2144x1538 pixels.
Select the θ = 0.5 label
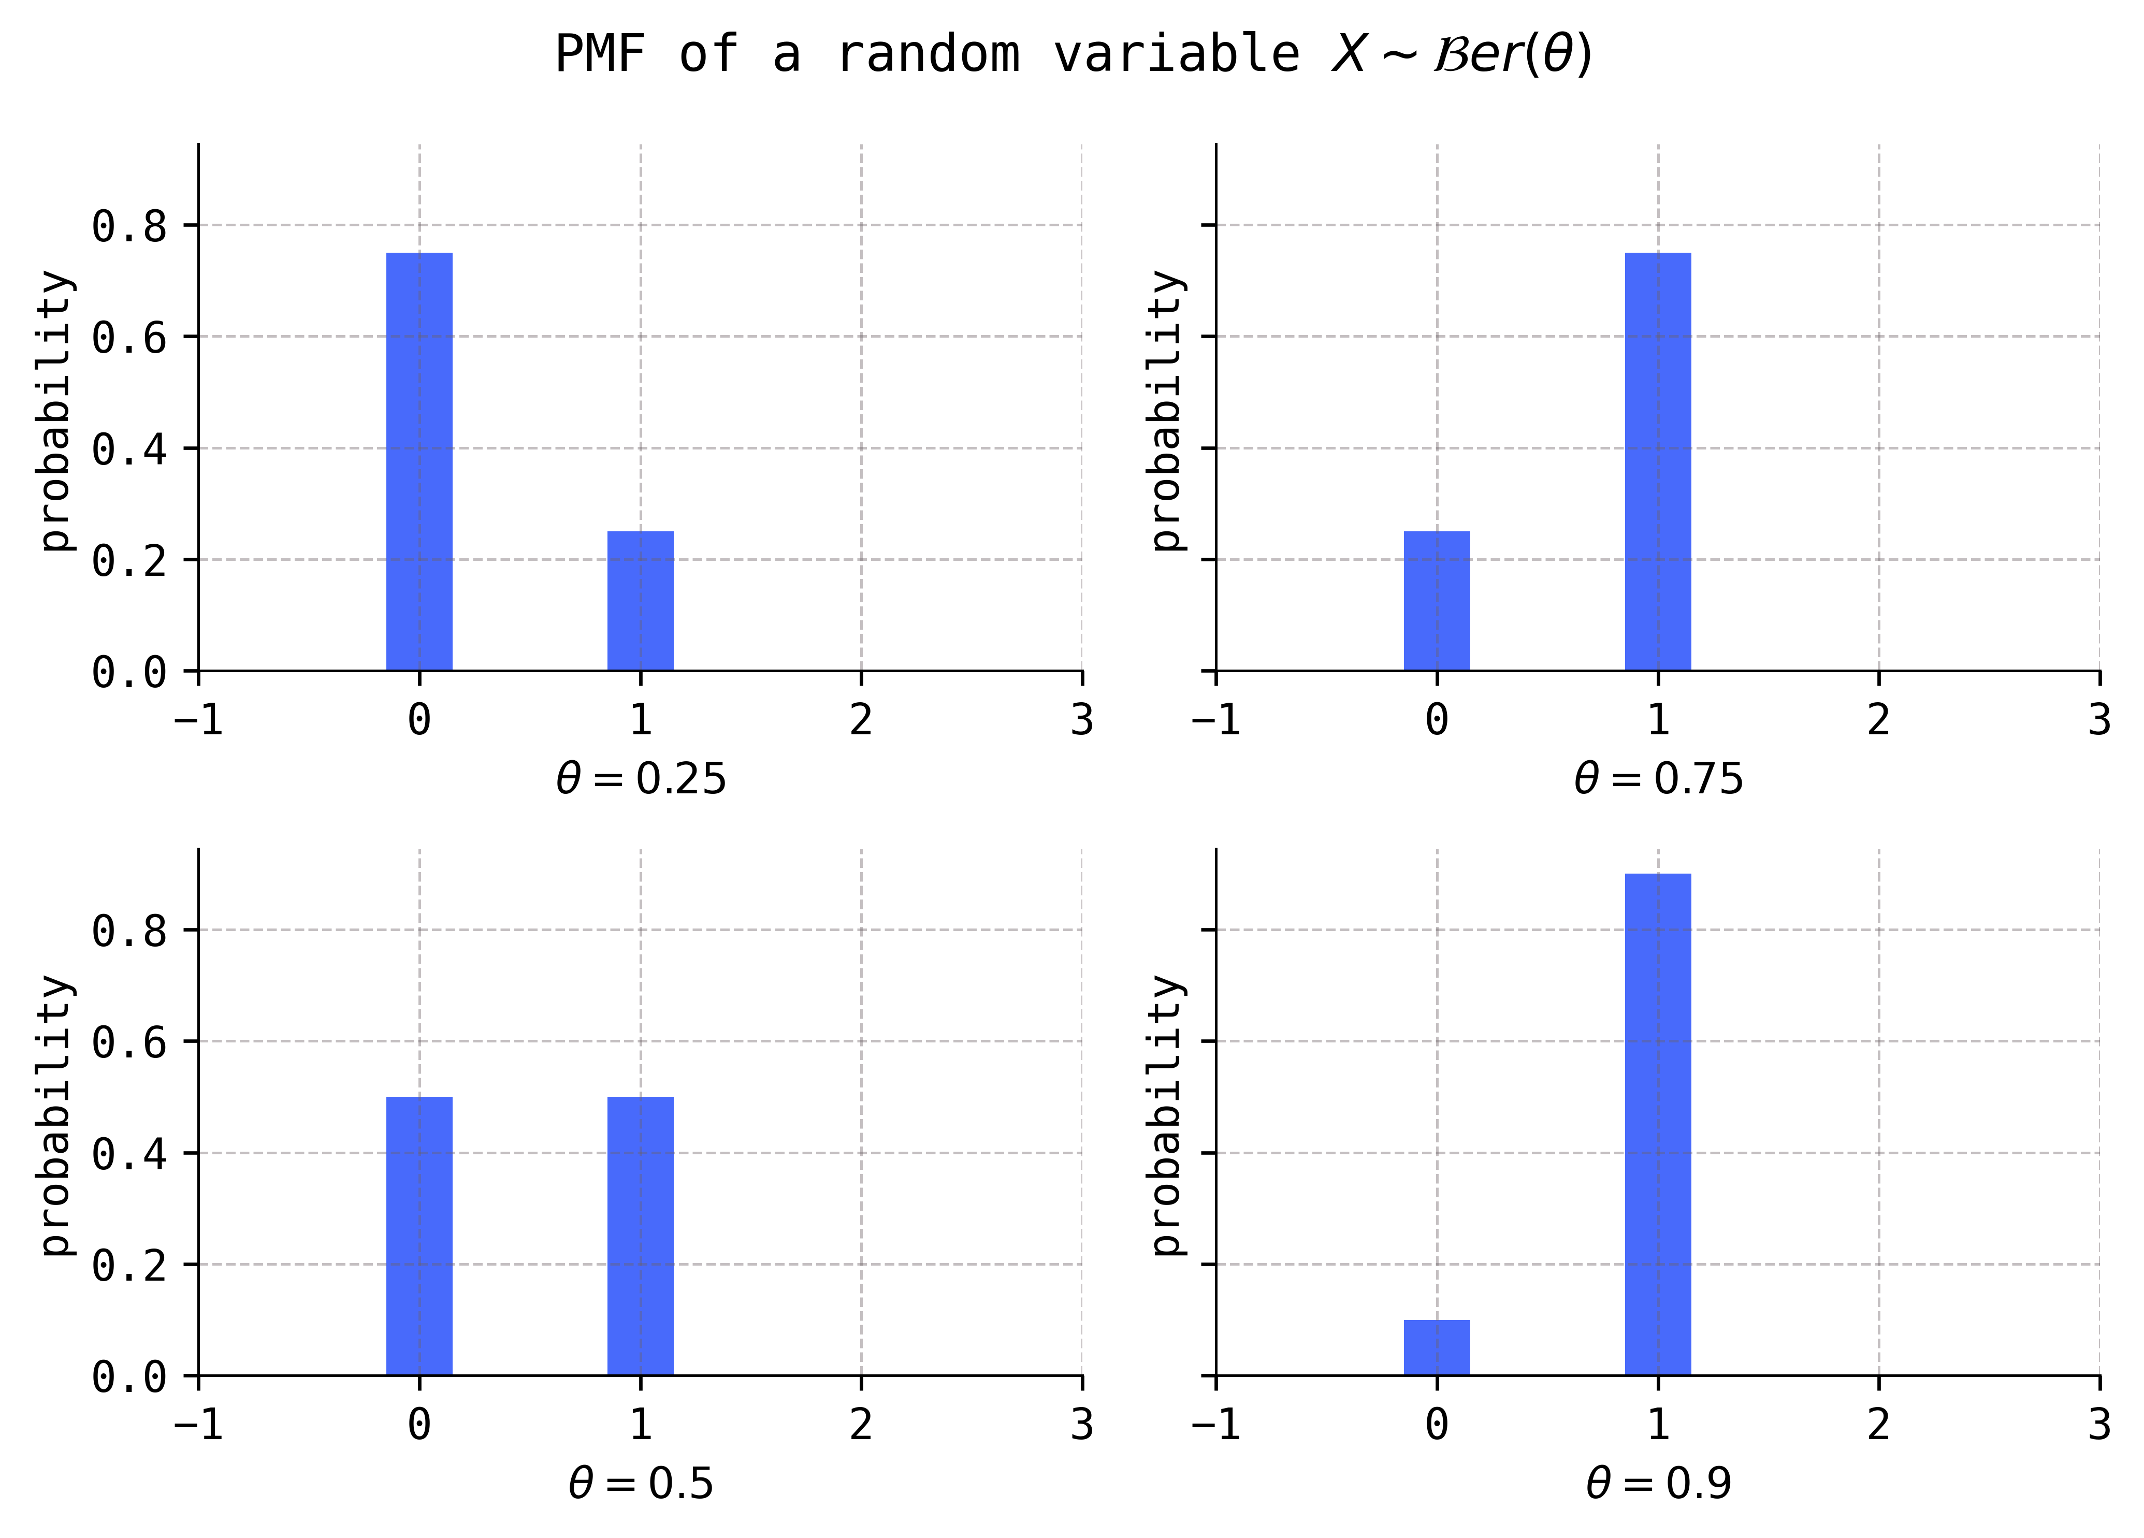point(640,1484)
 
